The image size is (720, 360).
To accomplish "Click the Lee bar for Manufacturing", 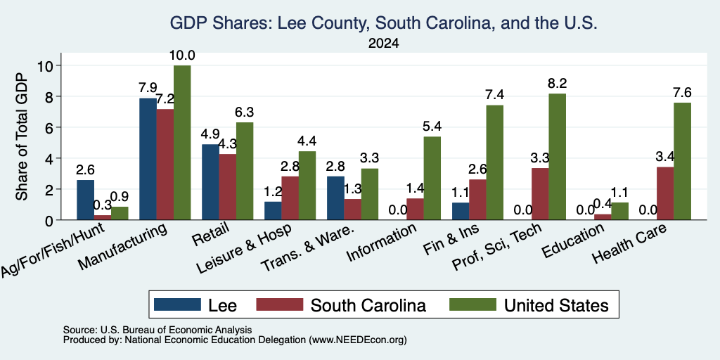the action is (x=148, y=159).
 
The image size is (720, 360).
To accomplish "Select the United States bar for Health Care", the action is (x=682, y=161).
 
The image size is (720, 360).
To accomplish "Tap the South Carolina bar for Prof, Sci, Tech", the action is (x=540, y=194).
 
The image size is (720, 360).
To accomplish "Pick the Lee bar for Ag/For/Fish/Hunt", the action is (x=85, y=200).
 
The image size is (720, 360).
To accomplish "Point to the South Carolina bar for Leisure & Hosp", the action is (x=290, y=198).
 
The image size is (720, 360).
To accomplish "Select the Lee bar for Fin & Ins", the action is (x=461, y=211).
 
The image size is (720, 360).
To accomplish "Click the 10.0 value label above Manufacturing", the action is (x=183, y=56).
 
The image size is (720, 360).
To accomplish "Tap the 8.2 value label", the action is (x=558, y=84).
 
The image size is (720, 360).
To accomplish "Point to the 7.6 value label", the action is (x=682, y=93).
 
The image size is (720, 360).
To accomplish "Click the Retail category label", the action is (x=211, y=236).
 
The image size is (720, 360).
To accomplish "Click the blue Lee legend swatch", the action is (x=177, y=304).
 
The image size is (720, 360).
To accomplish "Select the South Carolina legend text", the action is (x=368, y=305).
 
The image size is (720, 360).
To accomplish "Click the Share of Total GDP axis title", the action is (x=22, y=136).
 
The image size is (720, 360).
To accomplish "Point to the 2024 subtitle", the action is (x=383, y=44).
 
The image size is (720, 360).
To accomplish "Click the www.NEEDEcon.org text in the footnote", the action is (x=358, y=340).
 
